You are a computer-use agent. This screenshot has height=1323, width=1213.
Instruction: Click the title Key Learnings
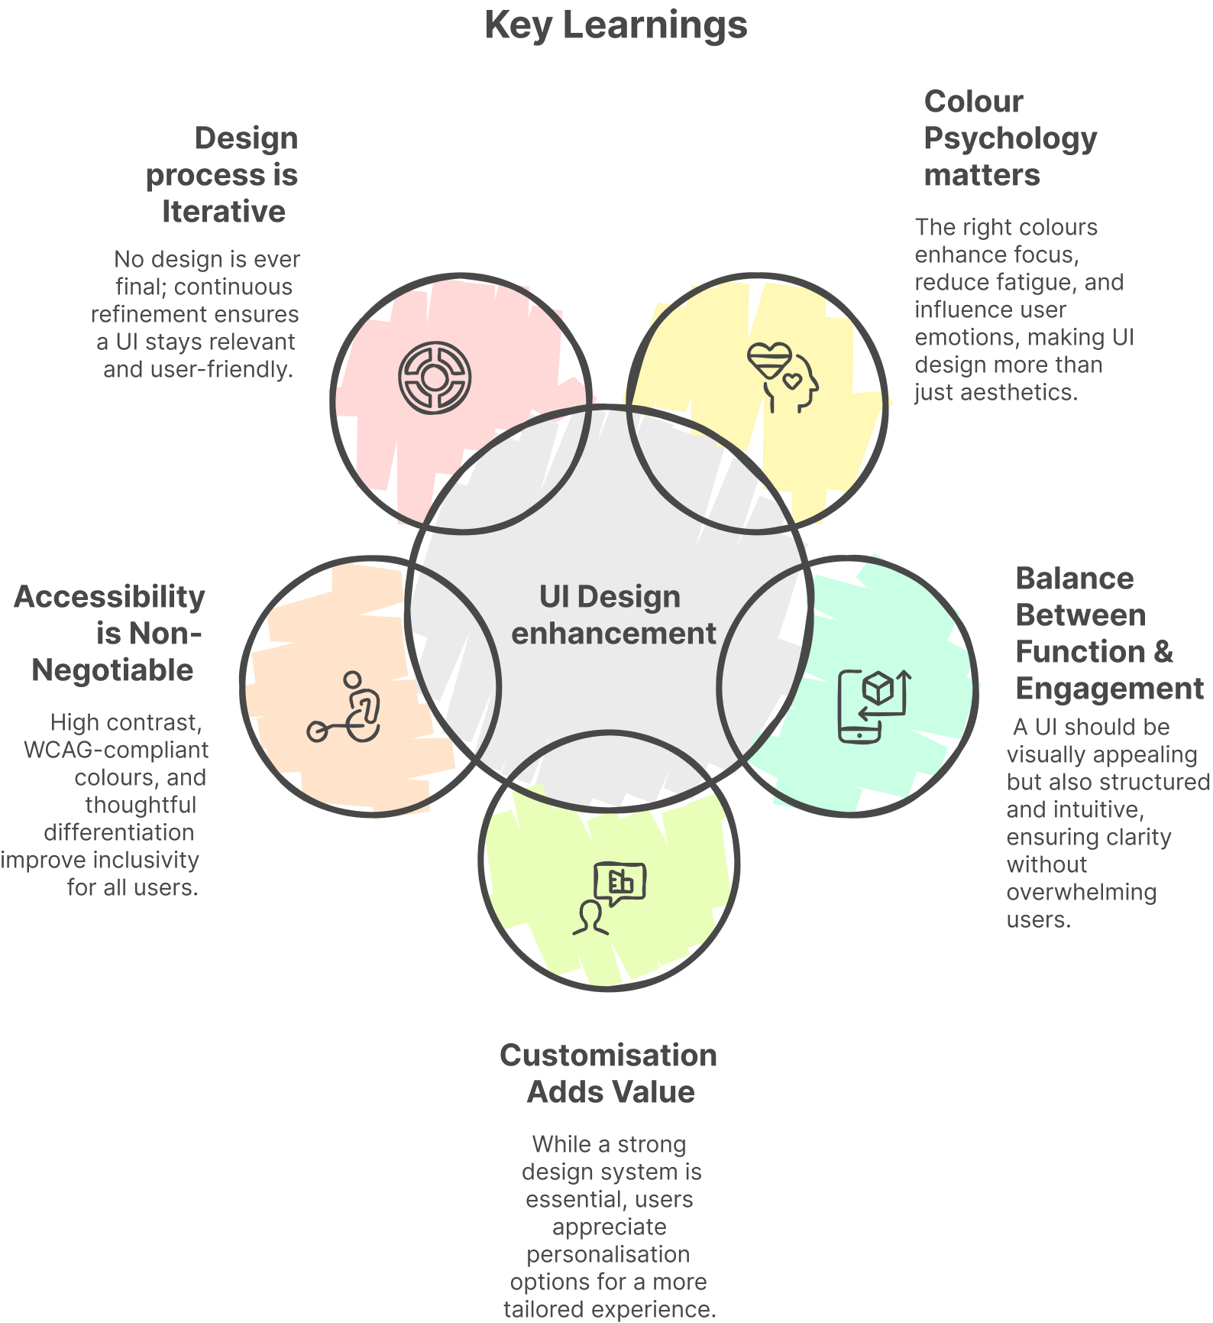coord(616,25)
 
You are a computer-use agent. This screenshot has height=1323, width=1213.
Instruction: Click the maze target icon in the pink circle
coord(435,377)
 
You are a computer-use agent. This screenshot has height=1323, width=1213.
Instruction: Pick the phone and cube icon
coord(874,705)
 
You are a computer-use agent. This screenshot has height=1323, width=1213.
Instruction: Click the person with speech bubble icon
coord(610,898)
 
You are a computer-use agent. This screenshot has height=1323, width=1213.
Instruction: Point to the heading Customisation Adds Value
coord(609,1073)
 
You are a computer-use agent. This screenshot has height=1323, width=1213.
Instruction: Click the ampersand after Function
coord(1163,652)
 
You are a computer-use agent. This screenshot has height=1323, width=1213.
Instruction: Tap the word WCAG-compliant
coord(116,750)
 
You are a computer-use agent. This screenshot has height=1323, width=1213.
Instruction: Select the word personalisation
coord(608,1254)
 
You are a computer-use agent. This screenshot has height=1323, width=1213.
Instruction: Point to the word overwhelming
coord(1081,892)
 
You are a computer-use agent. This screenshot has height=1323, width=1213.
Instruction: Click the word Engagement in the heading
coord(1109,689)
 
